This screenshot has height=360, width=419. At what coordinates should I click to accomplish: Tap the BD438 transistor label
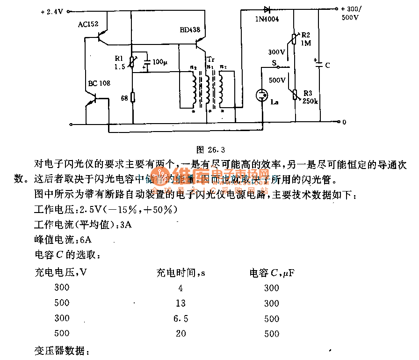pos(189,29)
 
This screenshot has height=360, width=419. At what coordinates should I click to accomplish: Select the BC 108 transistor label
pos(99,83)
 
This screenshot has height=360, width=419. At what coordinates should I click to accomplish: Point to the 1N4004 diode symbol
pos(267,9)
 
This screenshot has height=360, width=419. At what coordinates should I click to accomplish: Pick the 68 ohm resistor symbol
pos(133,97)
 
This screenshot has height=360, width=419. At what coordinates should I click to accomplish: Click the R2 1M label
pos(307,39)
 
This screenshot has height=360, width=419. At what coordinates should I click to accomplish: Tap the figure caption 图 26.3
pos(210,150)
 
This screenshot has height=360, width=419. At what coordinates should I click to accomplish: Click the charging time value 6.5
pos(181,318)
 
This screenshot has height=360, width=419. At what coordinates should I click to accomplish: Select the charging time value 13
pos(181,303)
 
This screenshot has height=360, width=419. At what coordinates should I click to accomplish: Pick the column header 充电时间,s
pos(180,272)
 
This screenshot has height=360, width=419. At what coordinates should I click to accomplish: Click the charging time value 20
pos(181,333)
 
